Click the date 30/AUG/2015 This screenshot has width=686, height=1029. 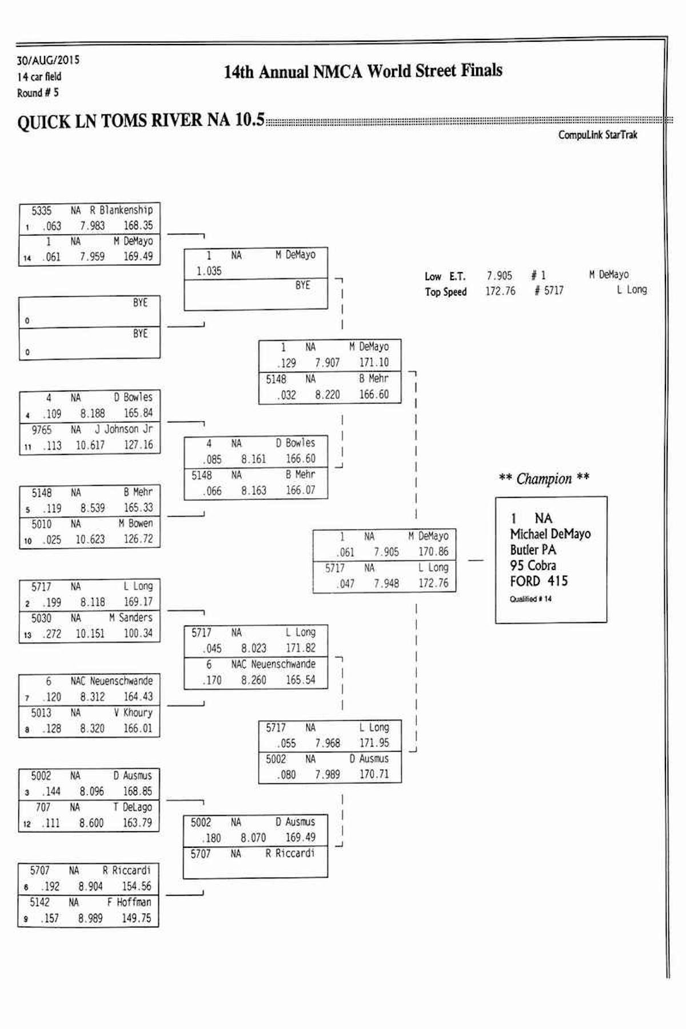pos(48,60)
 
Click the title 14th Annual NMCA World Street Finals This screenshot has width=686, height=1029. pos(363,71)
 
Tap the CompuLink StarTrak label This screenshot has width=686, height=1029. pos(597,135)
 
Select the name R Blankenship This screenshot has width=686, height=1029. pos(121,210)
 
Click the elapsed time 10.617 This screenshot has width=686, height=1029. pos(90,445)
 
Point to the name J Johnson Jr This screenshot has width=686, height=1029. pos(123,429)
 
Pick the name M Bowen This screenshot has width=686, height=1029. pos(135,523)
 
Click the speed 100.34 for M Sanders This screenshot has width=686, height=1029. pos(138,633)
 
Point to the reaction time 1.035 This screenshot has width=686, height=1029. pos(209,271)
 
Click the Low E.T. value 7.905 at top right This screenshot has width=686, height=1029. pos(499,276)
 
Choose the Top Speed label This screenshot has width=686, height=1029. pos(445,292)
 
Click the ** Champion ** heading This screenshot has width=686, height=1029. pos(544,478)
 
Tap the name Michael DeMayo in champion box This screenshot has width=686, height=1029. pos(550,534)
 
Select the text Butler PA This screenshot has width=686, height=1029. pos(532,550)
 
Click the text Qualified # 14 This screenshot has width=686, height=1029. pos(531,599)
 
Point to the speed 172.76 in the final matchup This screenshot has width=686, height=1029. pos(433,583)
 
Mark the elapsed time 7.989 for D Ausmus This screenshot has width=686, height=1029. pos(328,775)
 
